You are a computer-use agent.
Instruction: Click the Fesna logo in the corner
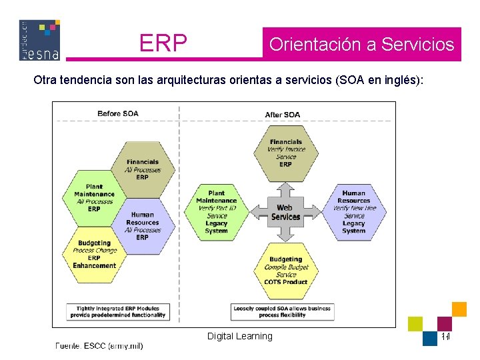pyautogui.click(x=40, y=40)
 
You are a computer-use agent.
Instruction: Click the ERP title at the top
pyautogui.click(x=163, y=43)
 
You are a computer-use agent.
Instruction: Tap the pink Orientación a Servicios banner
pyautogui.click(x=361, y=45)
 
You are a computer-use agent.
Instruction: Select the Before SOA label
pyautogui.click(x=118, y=114)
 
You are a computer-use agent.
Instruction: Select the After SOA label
pyautogui.click(x=283, y=115)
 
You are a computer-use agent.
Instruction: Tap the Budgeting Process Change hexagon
pyautogui.click(x=94, y=254)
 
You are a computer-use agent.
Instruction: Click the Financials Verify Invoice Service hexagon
pyautogui.click(x=285, y=153)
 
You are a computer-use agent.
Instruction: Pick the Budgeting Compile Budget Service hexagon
pyautogui.click(x=285, y=270)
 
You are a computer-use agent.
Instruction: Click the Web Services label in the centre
pyautogui.click(x=285, y=212)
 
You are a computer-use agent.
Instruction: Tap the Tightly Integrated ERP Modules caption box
pyautogui.click(x=118, y=311)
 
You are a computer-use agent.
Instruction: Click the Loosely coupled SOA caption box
pyautogui.click(x=283, y=311)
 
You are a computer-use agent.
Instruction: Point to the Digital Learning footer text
pyautogui.click(x=240, y=336)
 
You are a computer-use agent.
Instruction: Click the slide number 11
pyautogui.click(x=445, y=337)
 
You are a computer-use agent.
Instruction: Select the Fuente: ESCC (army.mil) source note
pyautogui.click(x=99, y=346)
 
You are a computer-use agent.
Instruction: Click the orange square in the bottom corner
pyautogui.click(x=459, y=309)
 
